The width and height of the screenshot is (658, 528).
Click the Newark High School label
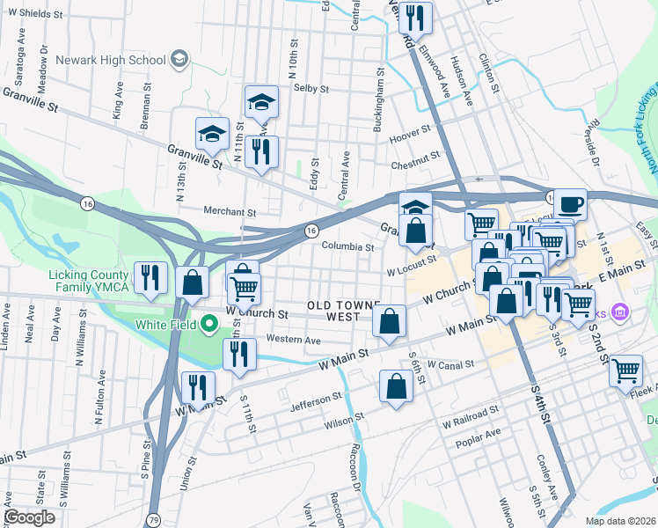110,60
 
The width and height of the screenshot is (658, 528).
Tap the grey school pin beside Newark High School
179,60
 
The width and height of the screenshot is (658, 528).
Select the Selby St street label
311,89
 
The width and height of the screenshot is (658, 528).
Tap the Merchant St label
229,212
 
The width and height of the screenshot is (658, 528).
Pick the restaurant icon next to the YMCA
150,279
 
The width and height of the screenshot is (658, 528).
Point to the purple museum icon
621,312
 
